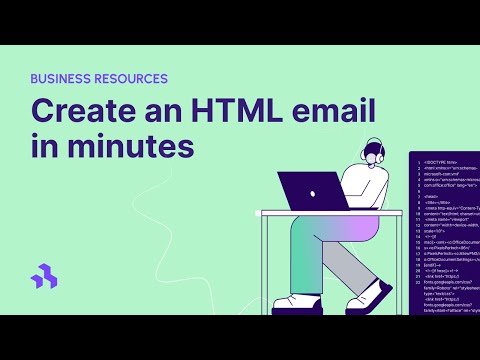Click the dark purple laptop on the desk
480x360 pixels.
pyautogui.click(x=312, y=190)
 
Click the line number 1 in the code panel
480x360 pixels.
pyautogui.click(x=416, y=160)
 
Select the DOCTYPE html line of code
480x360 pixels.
pyautogui.click(x=439, y=160)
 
